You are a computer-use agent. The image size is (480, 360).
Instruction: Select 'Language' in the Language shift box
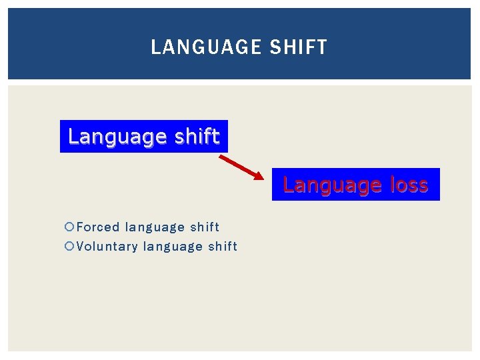pos(115,137)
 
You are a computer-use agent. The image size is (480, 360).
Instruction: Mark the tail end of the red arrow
pos(220,157)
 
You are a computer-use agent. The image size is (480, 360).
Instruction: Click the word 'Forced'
pos(98,227)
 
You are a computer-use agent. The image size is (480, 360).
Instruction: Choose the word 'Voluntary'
pos(107,247)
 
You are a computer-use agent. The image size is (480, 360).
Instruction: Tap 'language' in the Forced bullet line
pos(153,228)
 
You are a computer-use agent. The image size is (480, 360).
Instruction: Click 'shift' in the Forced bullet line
pos(204,227)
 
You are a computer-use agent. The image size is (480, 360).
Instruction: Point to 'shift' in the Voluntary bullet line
pos(223,247)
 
